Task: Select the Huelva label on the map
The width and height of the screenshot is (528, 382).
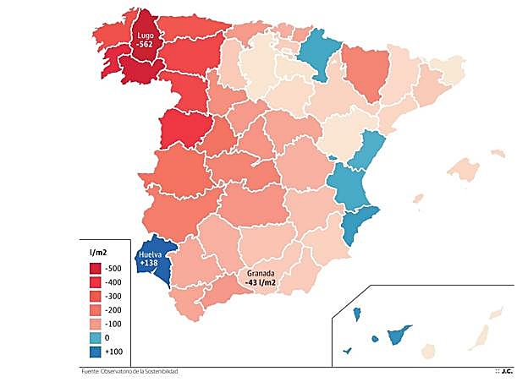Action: click(152, 254)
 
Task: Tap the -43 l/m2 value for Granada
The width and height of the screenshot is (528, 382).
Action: click(263, 282)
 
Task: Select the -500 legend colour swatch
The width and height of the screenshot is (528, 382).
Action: click(96, 268)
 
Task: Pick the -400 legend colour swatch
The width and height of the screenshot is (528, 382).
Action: click(96, 282)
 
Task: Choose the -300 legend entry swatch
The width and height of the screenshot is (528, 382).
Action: click(96, 297)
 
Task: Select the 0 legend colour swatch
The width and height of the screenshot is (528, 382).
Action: click(96, 339)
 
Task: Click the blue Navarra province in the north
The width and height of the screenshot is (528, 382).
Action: click(321, 53)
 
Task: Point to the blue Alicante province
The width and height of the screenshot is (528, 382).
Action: click(356, 223)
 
